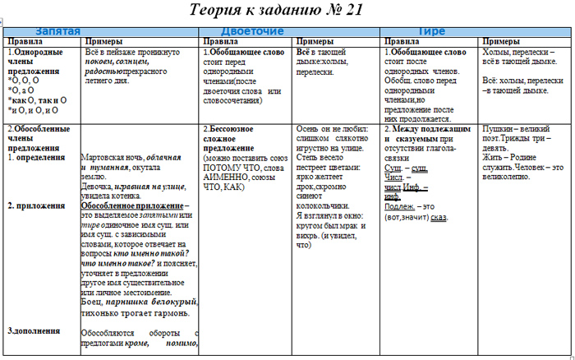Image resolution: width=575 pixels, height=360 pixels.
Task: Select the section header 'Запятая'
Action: [57, 31]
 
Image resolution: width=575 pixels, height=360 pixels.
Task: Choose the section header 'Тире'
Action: [432, 31]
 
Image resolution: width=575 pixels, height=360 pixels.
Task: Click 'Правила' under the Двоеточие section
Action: [221, 41]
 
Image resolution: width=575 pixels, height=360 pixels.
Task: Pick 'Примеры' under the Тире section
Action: [501, 41]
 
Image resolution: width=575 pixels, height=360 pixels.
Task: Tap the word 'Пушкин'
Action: [496, 130]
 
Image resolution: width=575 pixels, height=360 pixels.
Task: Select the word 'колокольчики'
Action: [321, 205]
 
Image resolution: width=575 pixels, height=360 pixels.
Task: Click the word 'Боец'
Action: [92, 302]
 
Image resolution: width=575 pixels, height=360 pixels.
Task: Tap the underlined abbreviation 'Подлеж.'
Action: [400, 207]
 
